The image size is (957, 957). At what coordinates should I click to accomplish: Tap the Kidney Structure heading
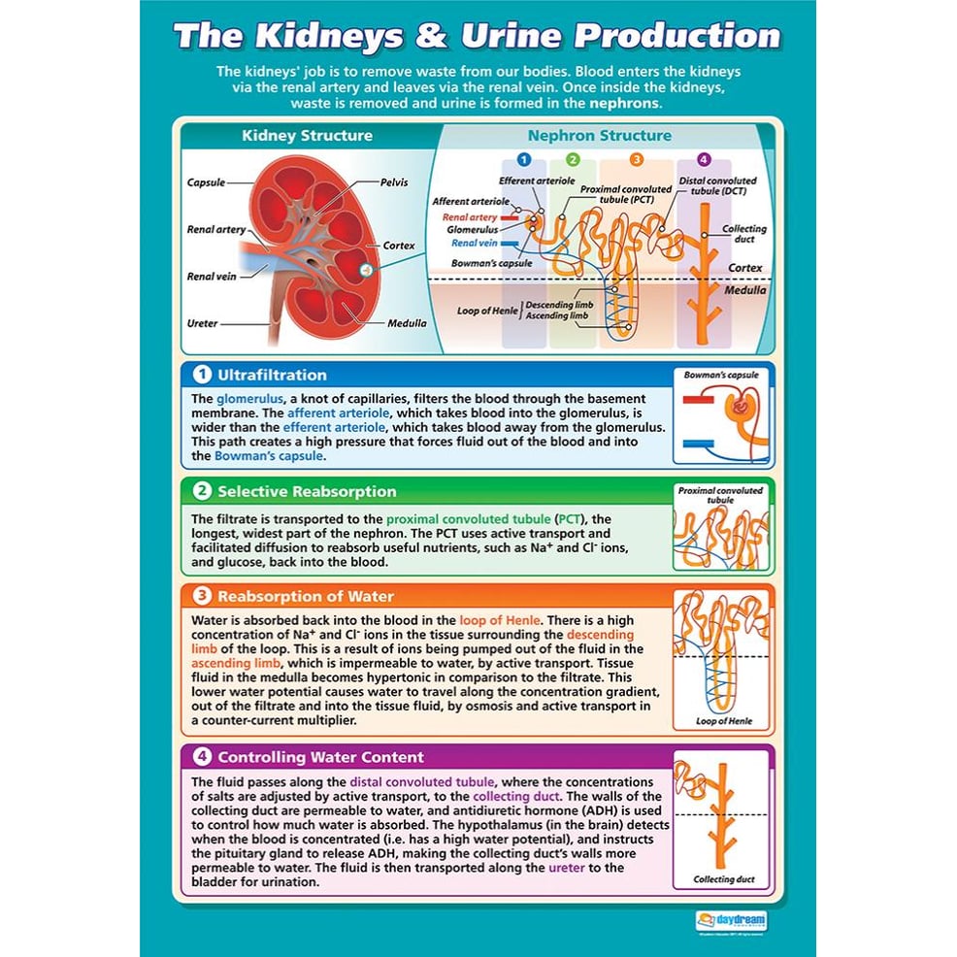click(307, 136)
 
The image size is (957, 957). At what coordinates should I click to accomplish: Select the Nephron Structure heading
click(599, 136)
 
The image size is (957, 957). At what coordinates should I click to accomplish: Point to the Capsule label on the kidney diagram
click(206, 181)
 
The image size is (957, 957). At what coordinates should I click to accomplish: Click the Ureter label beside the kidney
click(203, 323)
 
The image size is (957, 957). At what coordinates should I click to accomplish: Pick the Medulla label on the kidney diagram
click(407, 323)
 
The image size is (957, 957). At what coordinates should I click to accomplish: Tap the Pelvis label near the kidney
click(395, 182)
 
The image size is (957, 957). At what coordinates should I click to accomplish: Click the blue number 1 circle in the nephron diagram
click(524, 160)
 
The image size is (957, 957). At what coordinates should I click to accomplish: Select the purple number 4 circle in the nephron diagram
click(704, 160)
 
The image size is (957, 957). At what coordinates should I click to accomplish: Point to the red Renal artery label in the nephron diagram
click(470, 217)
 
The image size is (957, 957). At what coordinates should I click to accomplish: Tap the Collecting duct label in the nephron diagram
click(744, 234)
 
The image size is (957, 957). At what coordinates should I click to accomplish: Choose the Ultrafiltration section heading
click(272, 375)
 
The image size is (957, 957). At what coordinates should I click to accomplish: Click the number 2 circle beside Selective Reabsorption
click(202, 491)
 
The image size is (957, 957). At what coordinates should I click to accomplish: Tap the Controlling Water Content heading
click(320, 757)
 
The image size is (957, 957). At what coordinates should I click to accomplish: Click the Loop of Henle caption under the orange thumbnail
click(722, 721)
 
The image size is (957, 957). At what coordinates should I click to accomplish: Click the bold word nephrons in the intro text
click(628, 104)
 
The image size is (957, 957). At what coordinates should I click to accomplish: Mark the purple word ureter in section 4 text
click(568, 868)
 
